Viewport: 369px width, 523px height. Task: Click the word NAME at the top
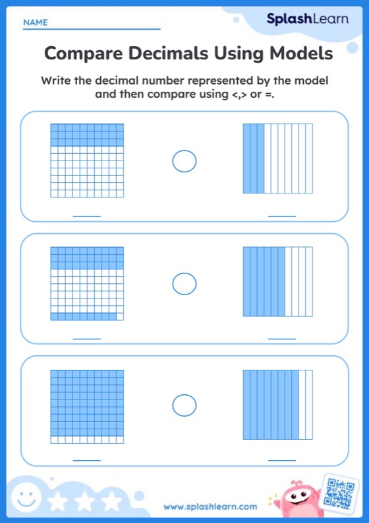coord(35,22)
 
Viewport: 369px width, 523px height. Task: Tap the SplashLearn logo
coord(307,19)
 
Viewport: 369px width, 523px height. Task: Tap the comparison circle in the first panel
coord(184,161)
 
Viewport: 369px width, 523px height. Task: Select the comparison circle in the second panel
coord(184,284)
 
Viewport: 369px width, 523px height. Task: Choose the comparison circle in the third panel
coord(184,405)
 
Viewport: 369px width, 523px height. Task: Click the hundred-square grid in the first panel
coord(87,160)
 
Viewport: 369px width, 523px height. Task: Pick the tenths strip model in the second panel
coord(278,282)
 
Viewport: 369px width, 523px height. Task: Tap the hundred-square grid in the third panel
coord(87,406)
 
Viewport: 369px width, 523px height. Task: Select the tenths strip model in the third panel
coord(278,405)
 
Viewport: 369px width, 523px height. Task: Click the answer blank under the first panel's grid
coord(86,216)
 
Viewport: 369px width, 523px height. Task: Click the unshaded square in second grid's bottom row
coord(120,317)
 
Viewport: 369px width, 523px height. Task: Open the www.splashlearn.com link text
coord(210,507)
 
